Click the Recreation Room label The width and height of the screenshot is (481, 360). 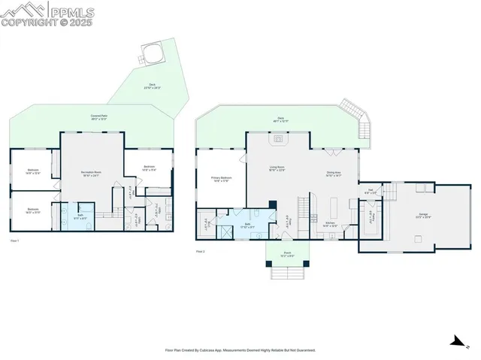click(92, 174)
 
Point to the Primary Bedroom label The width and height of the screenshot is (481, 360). click(221, 179)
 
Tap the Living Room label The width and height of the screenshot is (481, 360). click(277, 168)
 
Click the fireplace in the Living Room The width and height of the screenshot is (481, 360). click(278, 138)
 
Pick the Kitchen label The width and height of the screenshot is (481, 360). click(329, 224)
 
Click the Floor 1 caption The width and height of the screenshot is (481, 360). click(14, 241)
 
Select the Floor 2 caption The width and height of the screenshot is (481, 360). click(201, 251)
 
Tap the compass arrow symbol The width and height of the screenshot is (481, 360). click(456, 340)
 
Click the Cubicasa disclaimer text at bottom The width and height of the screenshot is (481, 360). click(240, 349)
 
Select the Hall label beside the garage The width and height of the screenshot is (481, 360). click(371, 191)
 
